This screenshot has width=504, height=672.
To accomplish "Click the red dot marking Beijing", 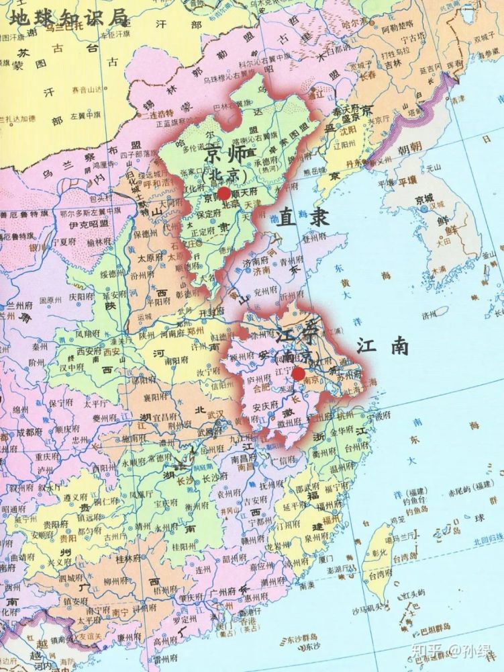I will click(x=224, y=192).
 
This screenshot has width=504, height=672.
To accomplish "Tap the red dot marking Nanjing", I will click(x=299, y=374).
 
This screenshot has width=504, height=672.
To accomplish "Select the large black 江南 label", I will click(x=383, y=345).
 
